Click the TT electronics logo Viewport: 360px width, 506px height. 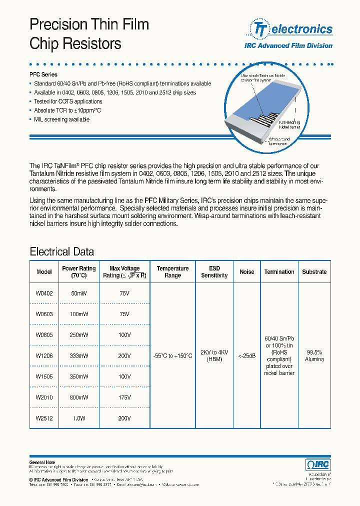coord(291,29)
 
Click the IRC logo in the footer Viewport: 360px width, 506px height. coord(318,464)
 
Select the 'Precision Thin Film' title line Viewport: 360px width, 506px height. coord(89,24)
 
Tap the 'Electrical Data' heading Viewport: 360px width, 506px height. coord(61,251)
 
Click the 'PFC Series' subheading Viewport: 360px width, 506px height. coord(43,74)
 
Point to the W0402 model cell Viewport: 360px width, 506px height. coord(44,294)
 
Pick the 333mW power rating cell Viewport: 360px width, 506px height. coord(79,356)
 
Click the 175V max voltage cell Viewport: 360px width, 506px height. coord(124,397)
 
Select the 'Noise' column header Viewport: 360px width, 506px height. coord(247,272)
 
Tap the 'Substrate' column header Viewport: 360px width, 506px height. coord(314,272)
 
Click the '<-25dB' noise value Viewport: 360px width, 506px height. coord(247,356)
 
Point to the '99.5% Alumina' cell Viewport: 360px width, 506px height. coord(314,355)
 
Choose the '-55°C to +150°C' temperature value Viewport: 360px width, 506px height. coord(172,356)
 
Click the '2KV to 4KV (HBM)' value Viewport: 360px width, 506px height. coord(214,355)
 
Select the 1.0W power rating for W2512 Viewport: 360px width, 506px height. coord(79,418)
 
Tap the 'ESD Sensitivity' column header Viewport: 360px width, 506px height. coord(214,272)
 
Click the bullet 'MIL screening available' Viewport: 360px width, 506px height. coord(61,119)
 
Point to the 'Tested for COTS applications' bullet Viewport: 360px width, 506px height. coord(68,101)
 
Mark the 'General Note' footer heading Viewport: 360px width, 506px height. coord(42,462)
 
